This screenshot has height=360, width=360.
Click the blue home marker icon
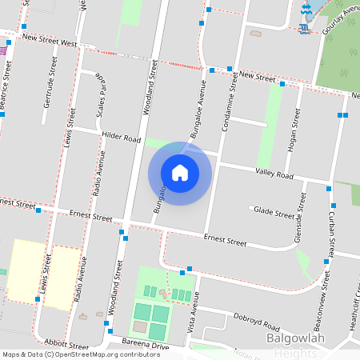180,173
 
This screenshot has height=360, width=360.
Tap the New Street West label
50,39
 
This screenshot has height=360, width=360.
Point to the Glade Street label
274,212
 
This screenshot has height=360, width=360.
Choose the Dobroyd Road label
258,324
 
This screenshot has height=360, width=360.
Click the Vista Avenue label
192,311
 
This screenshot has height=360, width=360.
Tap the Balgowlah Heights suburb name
304,345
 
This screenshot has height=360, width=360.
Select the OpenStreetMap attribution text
70,354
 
